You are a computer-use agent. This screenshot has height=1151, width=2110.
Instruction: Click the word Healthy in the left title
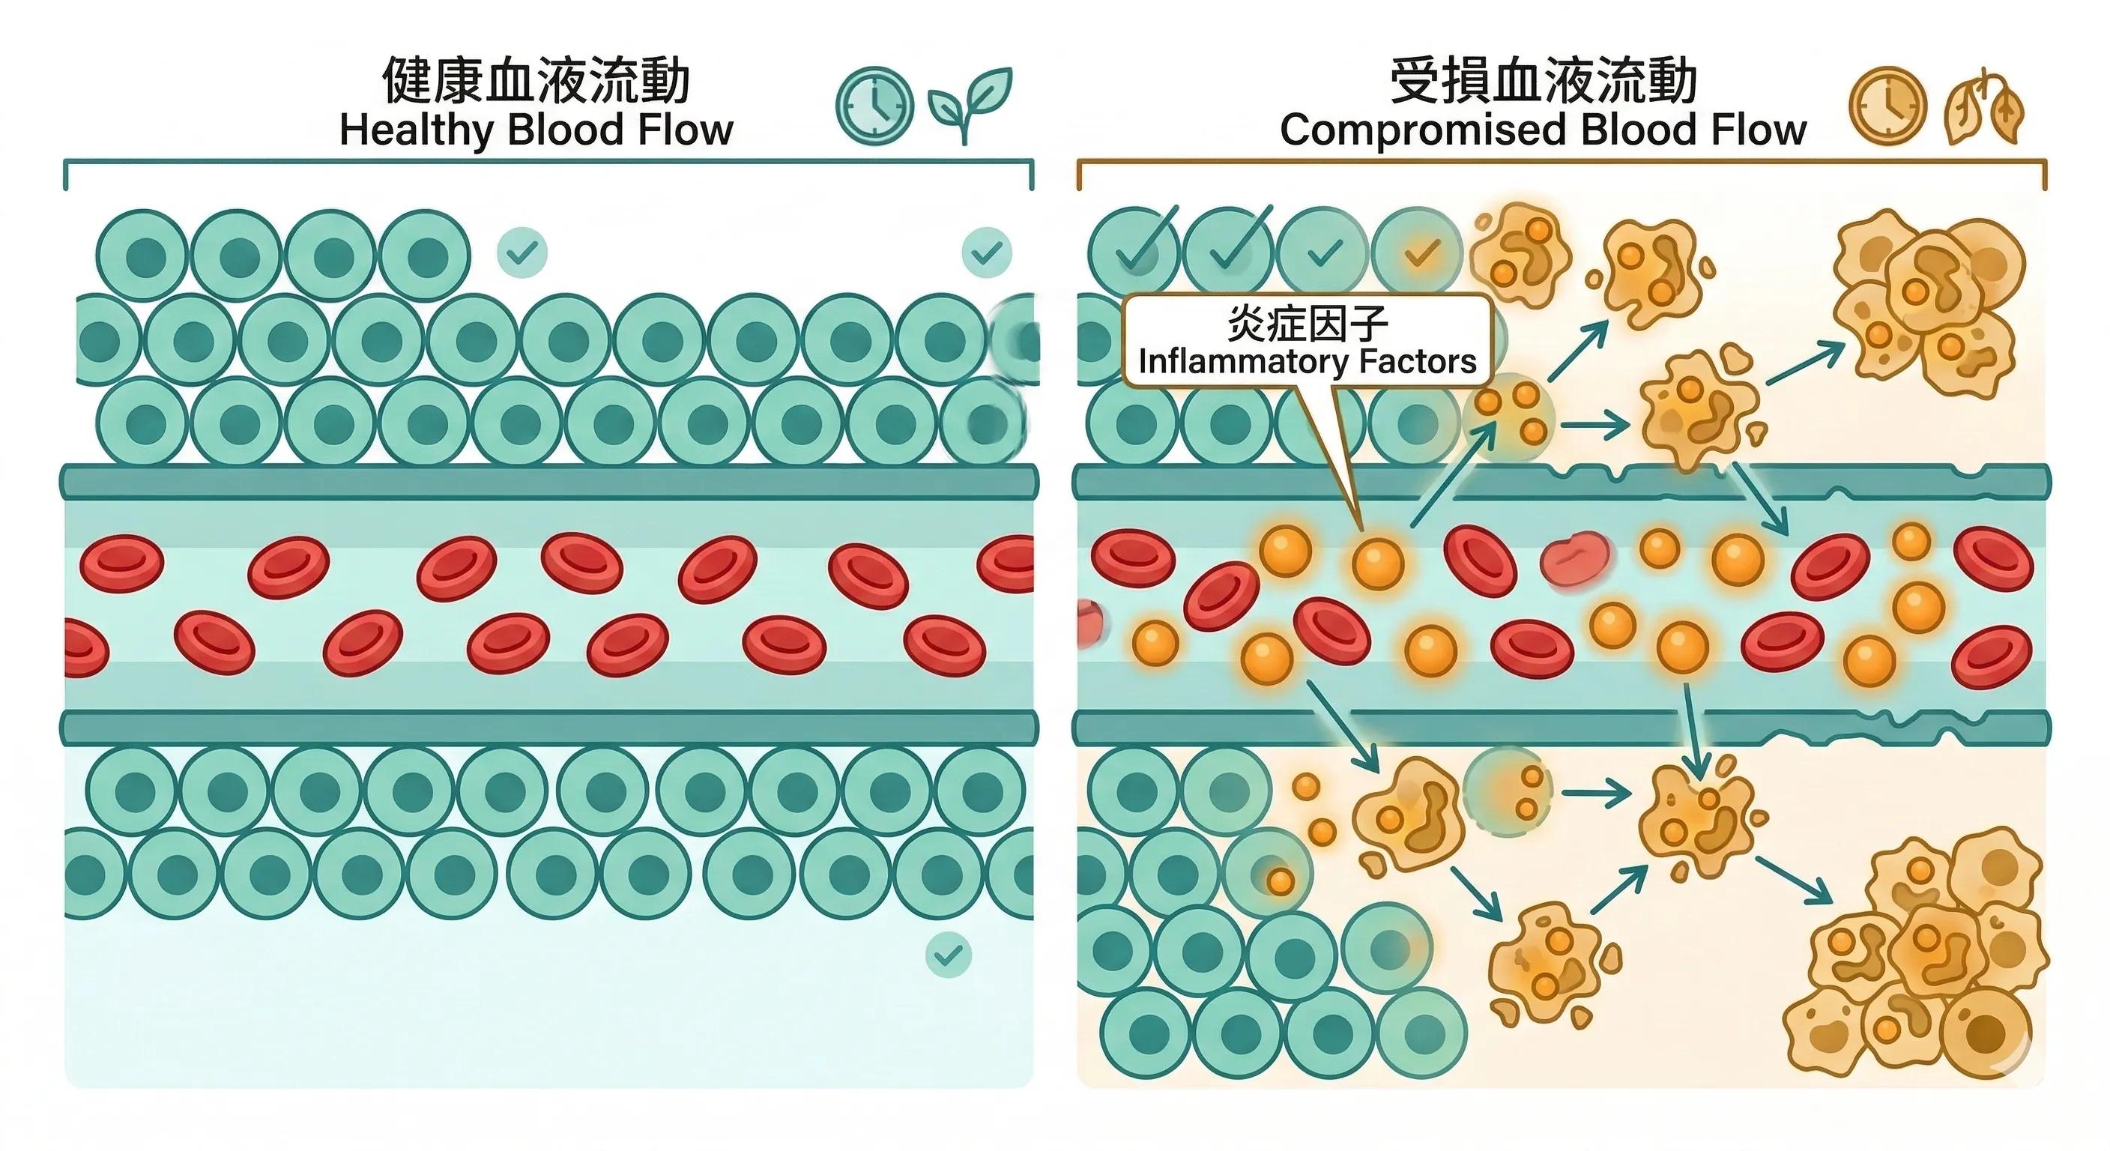[x=416, y=131]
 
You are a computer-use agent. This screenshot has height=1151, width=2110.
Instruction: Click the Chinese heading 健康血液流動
[x=536, y=82]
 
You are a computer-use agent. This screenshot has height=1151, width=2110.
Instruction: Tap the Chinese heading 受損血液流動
[x=1544, y=82]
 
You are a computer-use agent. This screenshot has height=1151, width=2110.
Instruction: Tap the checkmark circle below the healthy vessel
[x=949, y=955]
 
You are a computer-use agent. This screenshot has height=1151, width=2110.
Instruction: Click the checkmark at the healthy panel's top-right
[x=986, y=253]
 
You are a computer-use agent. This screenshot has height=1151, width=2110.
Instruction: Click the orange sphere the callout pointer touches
[x=1377, y=563]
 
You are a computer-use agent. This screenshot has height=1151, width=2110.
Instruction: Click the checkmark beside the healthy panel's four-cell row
[x=522, y=253]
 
